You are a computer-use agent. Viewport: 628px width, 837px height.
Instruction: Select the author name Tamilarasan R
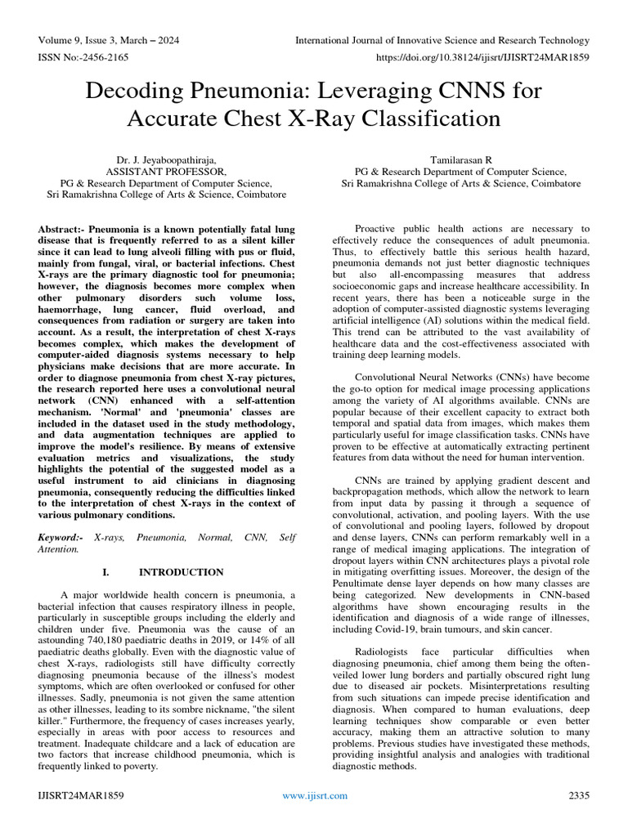(x=461, y=160)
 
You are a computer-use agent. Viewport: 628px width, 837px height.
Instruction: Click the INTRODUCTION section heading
(x=181, y=572)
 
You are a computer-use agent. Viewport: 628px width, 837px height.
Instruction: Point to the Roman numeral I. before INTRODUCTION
(x=111, y=572)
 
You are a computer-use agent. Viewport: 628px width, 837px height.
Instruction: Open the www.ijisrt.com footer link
(x=314, y=795)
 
